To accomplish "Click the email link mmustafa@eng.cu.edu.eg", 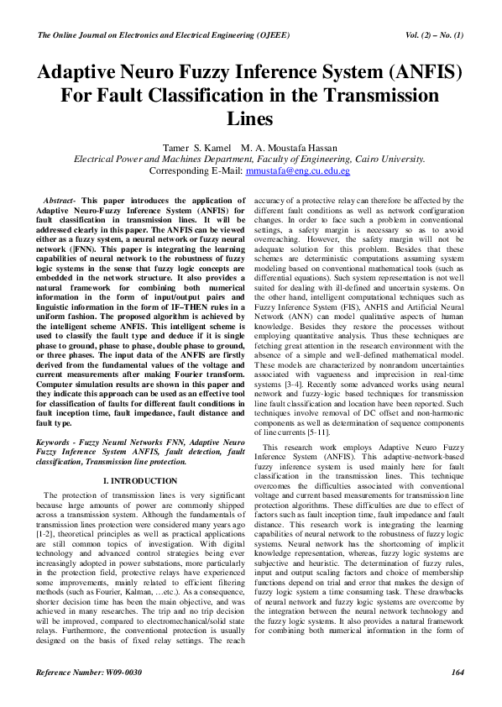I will click(297, 170).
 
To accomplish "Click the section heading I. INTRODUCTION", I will click(139, 480).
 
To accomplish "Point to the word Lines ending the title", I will click(250, 119).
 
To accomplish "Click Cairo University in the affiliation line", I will click(392, 158).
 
